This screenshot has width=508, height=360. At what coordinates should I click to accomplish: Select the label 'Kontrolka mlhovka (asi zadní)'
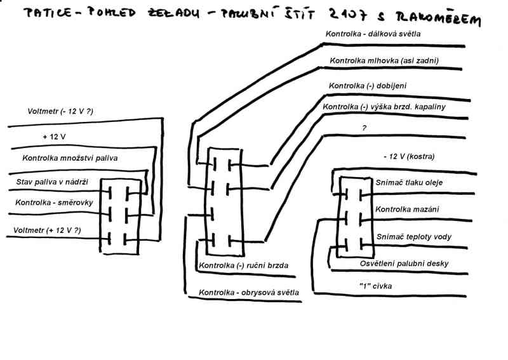[x=384, y=61]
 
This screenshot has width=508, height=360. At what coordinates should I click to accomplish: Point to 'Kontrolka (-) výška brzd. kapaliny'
[x=385, y=107]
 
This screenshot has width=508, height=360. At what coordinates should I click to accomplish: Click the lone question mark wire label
[x=364, y=127]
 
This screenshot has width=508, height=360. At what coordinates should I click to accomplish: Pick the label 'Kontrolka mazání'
[x=407, y=209]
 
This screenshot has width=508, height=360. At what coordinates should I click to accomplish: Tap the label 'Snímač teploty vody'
[x=414, y=236]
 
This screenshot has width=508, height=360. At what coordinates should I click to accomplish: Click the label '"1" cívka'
[x=376, y=286]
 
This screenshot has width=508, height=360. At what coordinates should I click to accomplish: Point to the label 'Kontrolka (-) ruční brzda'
[x=244, y=265]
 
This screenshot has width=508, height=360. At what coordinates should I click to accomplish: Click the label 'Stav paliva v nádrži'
[x=52, y=182]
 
